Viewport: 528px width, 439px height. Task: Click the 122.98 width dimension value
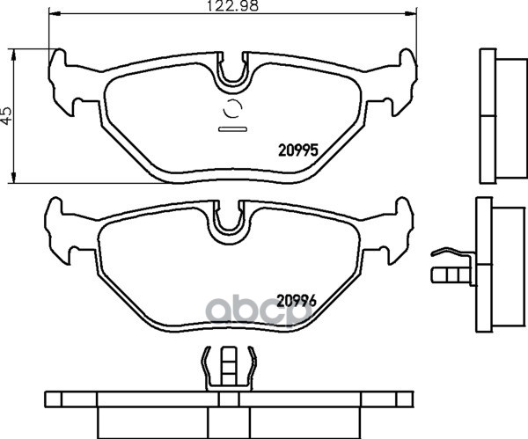coord(232,6)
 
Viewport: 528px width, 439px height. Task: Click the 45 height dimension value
coord(6,116)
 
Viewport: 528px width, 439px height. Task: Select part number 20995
coord(298,150)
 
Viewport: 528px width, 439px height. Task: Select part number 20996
coord(297,301)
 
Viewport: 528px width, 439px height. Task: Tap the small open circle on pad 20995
coord(233,109)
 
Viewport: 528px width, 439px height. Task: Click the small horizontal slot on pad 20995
coord(233,129)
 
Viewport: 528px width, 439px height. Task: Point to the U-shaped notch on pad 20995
coord(232,79)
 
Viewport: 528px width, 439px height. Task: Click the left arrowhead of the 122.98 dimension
coord(55,13)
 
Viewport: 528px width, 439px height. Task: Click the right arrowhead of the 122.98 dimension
coord(411,13)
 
